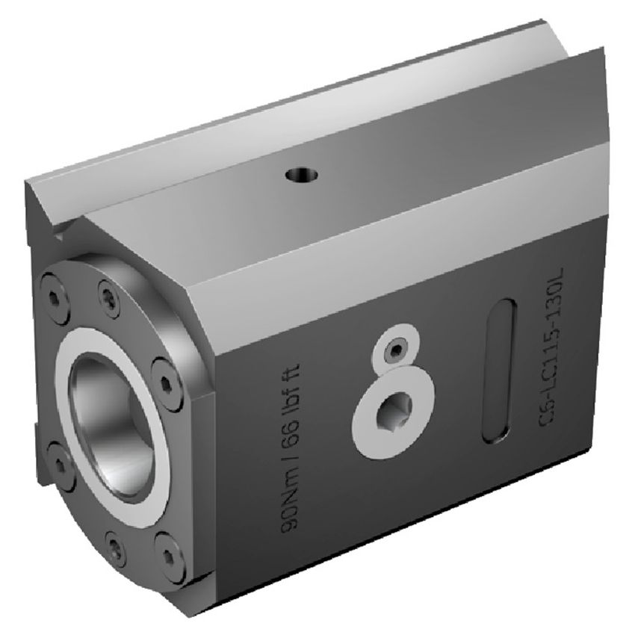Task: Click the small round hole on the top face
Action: click(x=302, y=176)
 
